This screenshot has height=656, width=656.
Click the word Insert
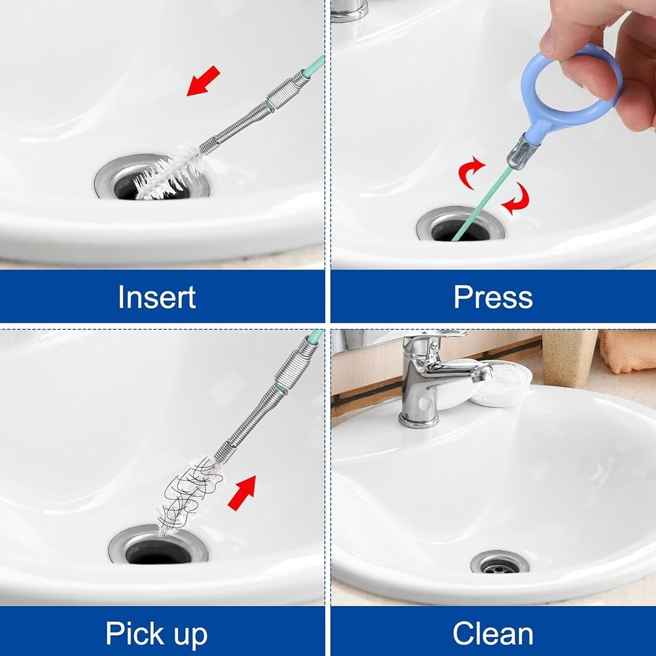coord(157,296)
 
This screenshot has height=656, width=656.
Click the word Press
coord(493,296)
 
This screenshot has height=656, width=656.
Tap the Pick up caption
coord(157,633)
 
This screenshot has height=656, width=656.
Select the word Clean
coord(493,633)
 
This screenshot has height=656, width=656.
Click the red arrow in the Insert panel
coord(203,81)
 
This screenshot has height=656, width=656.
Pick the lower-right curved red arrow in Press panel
coord(516,199)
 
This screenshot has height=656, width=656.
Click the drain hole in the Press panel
coord(459,230)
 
